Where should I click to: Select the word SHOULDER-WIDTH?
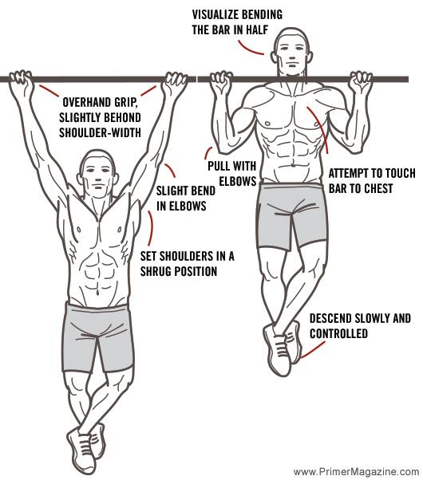(x=101, y=133)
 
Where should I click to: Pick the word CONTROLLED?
(x=338, y=333)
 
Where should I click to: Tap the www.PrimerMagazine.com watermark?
(x=356, y=471)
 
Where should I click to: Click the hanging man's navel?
(x=97, y=293)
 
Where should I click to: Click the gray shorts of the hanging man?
(x=98, y=336)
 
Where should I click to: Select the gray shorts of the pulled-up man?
(x=292, y=216)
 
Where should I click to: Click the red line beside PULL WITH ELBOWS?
(x=208, y=152)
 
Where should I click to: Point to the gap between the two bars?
(x=197, y=79)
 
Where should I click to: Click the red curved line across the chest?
(x=321, y=128)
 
